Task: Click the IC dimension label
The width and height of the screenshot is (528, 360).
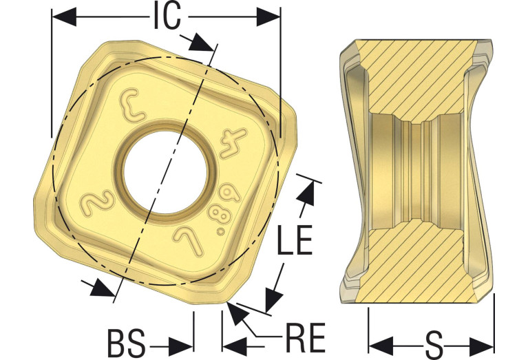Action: click(x=167, y=16)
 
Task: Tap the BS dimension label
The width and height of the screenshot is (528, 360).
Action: click(x=126, y=343)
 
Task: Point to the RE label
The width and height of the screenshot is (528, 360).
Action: click(x=306, y=338)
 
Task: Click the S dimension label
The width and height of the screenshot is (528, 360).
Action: click(x=434, y=346)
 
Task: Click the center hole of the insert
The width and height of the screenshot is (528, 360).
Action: click(x=165, y=172)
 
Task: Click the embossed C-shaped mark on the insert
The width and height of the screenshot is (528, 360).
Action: click(x=132, y=105)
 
